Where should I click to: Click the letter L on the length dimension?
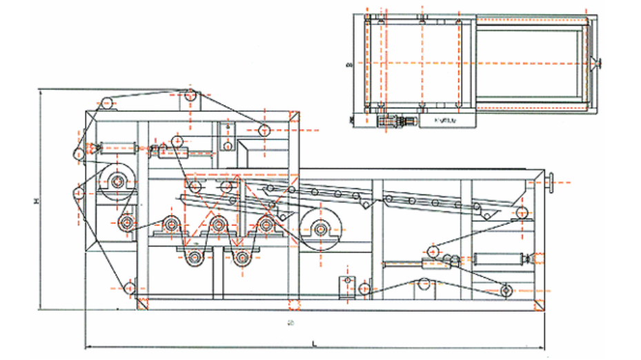coord(314,343)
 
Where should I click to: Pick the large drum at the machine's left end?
coord(117,182)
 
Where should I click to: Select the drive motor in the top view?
coord(394,121)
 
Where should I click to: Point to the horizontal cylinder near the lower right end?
coord(499,260)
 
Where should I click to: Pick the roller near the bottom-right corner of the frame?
coord(509,291)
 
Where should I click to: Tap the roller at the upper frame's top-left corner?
coord(106,104)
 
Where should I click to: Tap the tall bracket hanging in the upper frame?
coord(226,135)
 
